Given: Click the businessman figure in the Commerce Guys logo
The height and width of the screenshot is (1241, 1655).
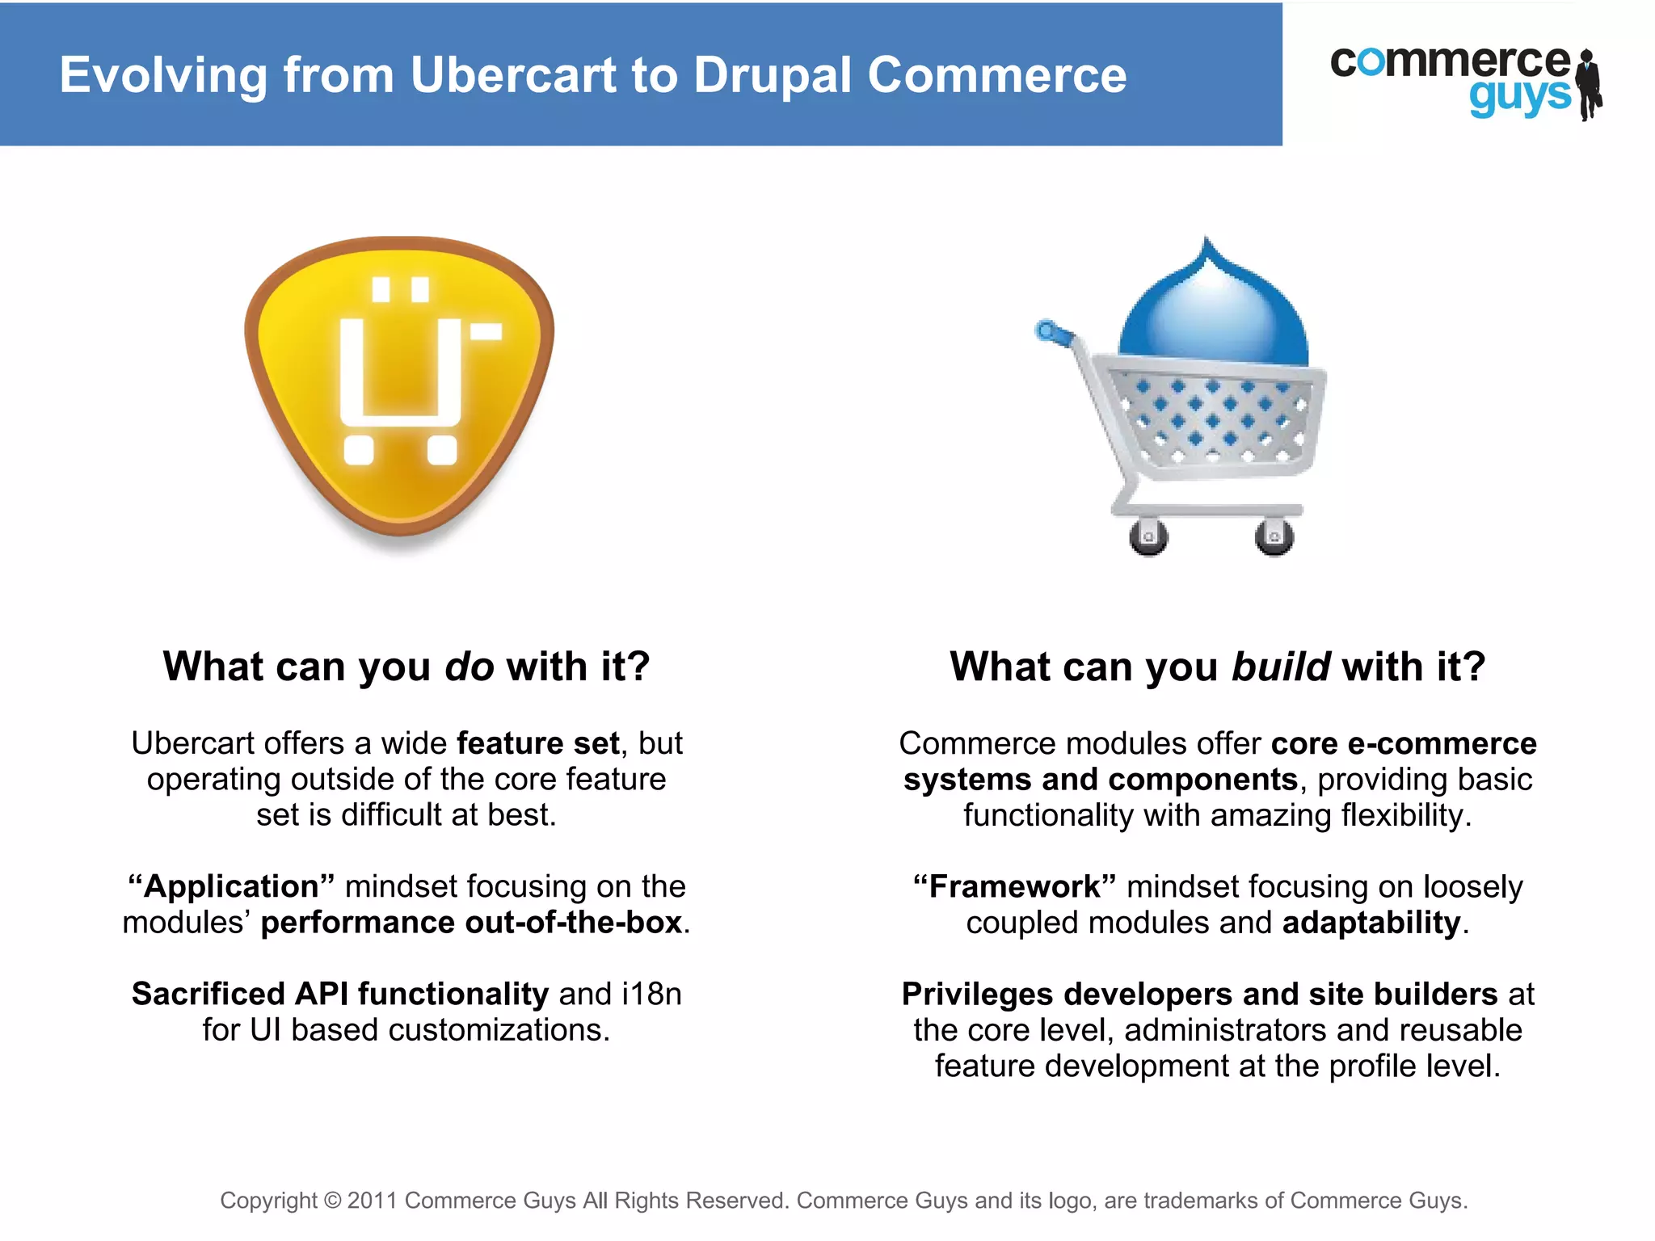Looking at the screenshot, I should click(x=1590, y=85).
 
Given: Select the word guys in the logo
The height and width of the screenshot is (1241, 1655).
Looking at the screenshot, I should click(x=1519, y=97).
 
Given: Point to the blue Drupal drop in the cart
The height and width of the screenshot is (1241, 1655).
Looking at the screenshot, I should click(x=1212, y=307).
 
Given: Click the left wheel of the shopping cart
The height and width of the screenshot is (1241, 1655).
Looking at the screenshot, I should click(x=1148, y=536).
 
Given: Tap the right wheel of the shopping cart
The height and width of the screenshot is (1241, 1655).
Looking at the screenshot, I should click(x=1274, y=536).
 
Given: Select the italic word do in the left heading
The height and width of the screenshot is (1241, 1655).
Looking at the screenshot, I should click(x=469, y=667).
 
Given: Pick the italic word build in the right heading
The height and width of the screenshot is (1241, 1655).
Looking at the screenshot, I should click(x=1281, y=667).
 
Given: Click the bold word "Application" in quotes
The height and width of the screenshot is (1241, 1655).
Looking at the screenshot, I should click(x=231, y=886).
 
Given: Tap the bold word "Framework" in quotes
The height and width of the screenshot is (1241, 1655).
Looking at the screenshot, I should click(x=1014, y=886).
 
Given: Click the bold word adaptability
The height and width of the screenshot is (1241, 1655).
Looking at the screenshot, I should click(x=1371, y=923).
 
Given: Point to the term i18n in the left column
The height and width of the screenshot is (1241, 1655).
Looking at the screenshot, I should click(x=651, y=994).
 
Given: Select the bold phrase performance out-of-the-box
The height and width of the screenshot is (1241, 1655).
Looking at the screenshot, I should click(x=471, y=923).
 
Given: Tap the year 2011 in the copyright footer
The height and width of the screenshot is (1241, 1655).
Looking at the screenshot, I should click(x=372, y=1201).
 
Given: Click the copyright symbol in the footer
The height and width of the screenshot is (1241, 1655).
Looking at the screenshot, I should click(x=332, y=1201).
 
